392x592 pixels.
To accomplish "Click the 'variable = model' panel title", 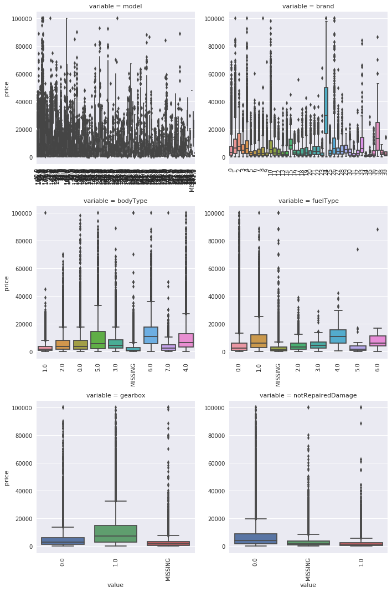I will click(115, 6).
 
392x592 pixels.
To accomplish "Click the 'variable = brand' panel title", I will click(308, 6).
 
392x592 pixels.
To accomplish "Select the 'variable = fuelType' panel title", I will click(308, 201).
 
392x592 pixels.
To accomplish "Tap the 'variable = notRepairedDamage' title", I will click(308, 395).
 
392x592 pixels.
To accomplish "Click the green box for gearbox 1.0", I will click(115, 534).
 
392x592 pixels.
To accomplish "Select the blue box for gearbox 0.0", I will click(63, 541).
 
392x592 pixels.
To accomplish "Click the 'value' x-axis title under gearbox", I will click(115, 584).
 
